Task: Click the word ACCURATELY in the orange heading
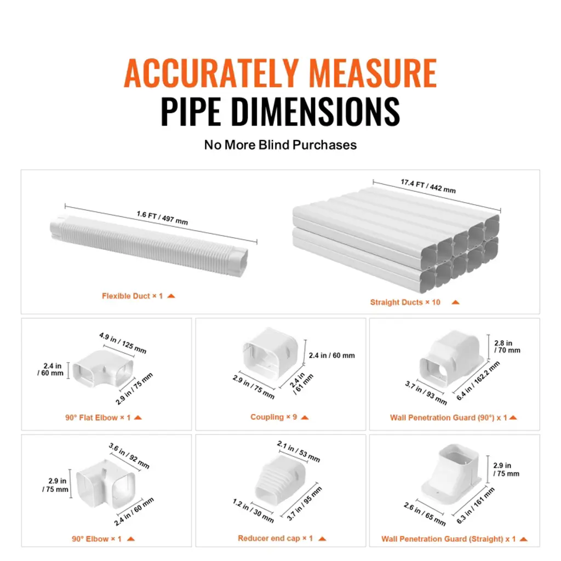[x=211, y=73]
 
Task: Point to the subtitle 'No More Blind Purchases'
[x=280, y=145]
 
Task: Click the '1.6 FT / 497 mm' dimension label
[x=162, y=217]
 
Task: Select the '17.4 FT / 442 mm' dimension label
[x=428, y=186]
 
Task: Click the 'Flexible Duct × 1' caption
[x=133, y=296]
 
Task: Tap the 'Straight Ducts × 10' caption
[x=405, y=302]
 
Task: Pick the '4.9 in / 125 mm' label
[x=123, y=343]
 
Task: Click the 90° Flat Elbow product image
[x=103, y=369]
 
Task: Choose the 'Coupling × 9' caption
[x=274, y=417]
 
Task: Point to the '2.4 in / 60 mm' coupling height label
[x=331, y=355]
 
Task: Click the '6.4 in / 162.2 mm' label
[x=478, y=381]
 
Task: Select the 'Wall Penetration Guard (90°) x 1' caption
[x=449, y=417]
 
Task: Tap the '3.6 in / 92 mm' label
[x=129, y=456]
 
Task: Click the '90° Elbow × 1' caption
[x=96, y=539]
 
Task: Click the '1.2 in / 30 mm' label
[x=253, y=511]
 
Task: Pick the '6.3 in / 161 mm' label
[x=476, y=505]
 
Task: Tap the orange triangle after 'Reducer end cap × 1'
[x=322, y=539]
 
